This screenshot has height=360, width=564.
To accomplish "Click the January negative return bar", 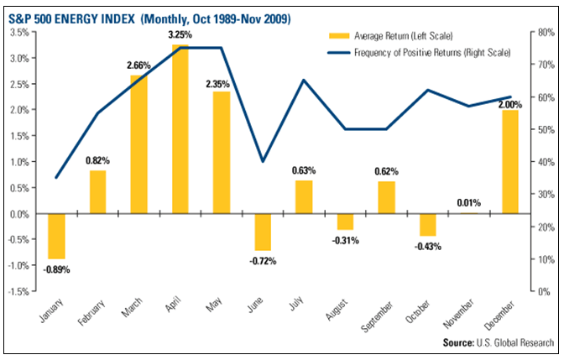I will [56, 236].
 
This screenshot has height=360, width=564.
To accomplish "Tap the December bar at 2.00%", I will [510, 162].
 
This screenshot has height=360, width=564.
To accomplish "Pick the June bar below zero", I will [263, 232].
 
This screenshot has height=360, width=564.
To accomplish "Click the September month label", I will [377, 317].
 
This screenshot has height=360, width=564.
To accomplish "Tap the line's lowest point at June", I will [263, 161].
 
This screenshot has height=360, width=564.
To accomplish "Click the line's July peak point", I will [303, 81].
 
